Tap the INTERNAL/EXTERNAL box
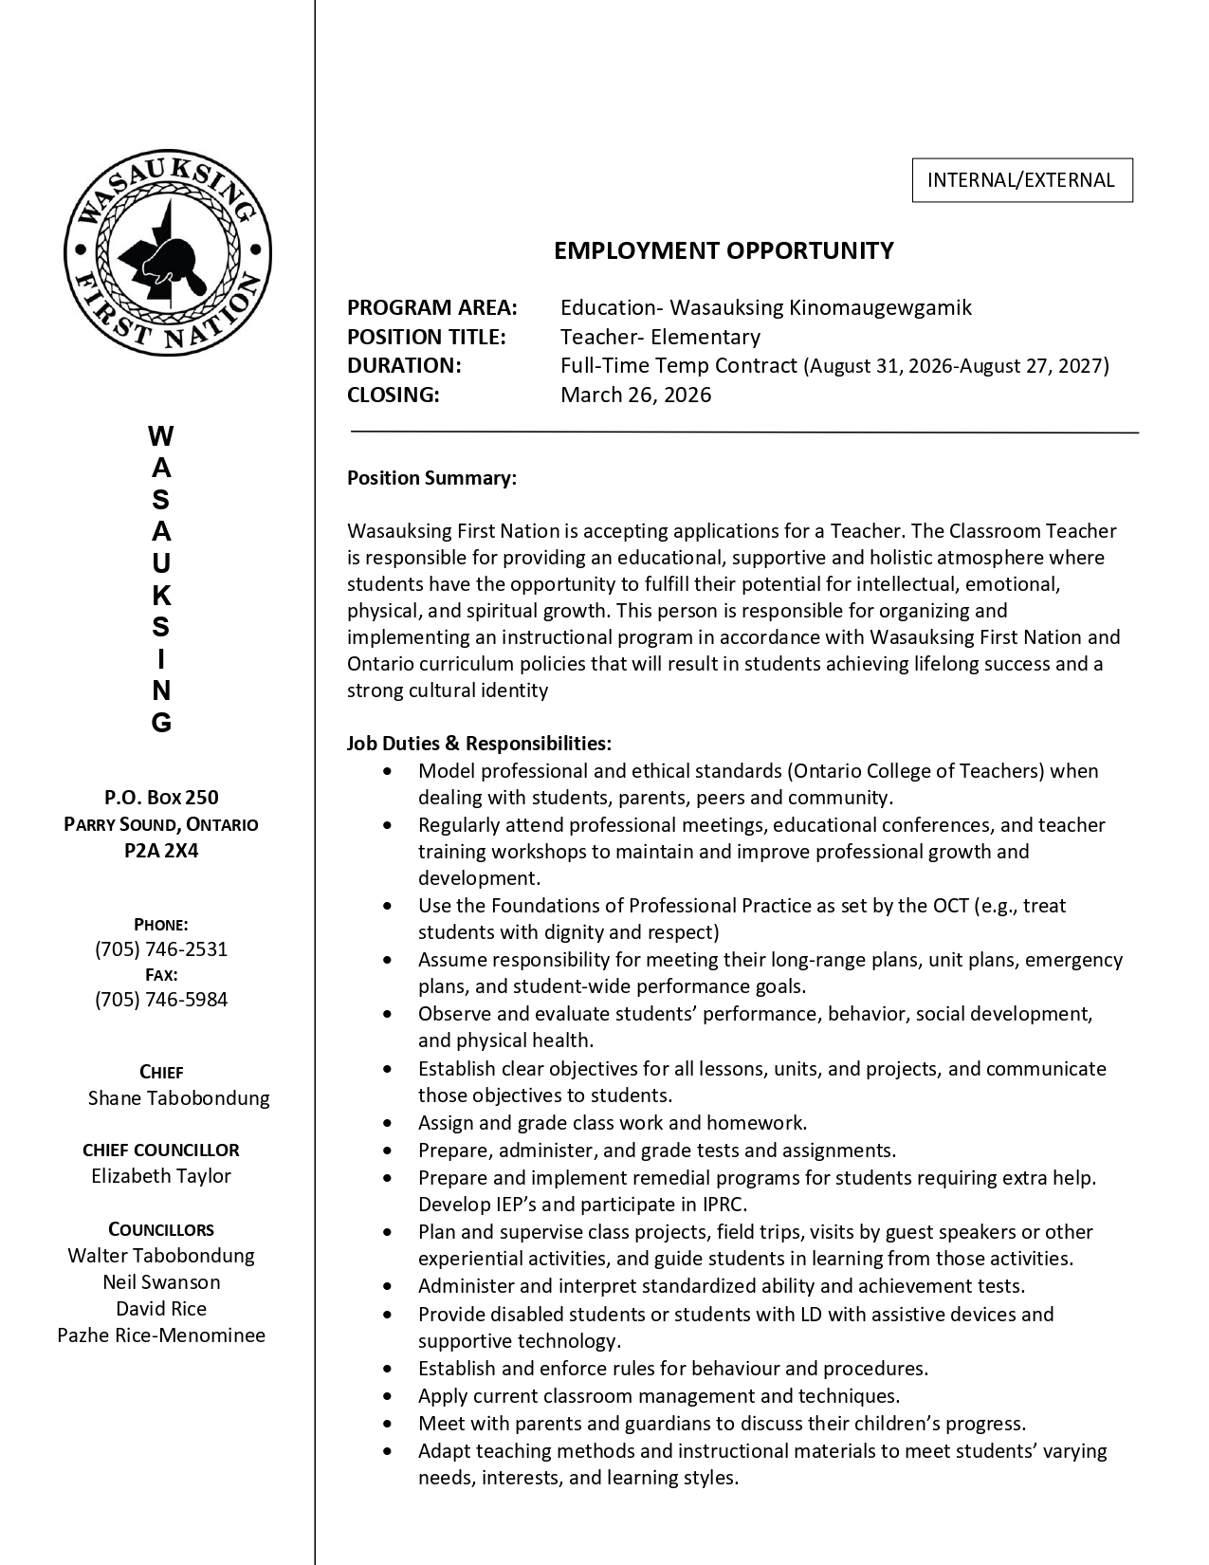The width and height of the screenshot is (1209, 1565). (1021, 180)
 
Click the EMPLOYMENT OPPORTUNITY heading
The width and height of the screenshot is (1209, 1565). (724, 250)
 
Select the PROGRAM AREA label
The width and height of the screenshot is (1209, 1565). (432, 307)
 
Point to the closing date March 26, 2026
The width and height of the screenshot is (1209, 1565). (635, 395)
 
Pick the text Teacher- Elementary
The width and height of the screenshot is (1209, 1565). (660, 337)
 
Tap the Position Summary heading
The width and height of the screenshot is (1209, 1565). (431, 477)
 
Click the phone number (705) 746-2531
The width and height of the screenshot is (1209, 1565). (161, 948)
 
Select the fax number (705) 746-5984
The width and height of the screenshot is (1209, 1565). (161, 999)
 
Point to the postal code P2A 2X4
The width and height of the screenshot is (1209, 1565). (161, 850)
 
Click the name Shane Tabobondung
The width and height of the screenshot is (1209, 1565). (178, 1097)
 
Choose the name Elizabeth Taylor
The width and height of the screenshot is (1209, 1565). (161, 1175)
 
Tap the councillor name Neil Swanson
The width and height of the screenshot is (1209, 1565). (161, 1281)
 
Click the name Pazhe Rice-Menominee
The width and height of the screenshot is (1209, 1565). (161, 1335)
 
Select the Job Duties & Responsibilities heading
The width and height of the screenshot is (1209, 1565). (479, 743)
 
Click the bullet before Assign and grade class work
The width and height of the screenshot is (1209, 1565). (387, 1123)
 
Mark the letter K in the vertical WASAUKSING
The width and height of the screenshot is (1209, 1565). (161, 596)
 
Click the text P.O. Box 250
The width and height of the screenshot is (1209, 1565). (161, 797)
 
